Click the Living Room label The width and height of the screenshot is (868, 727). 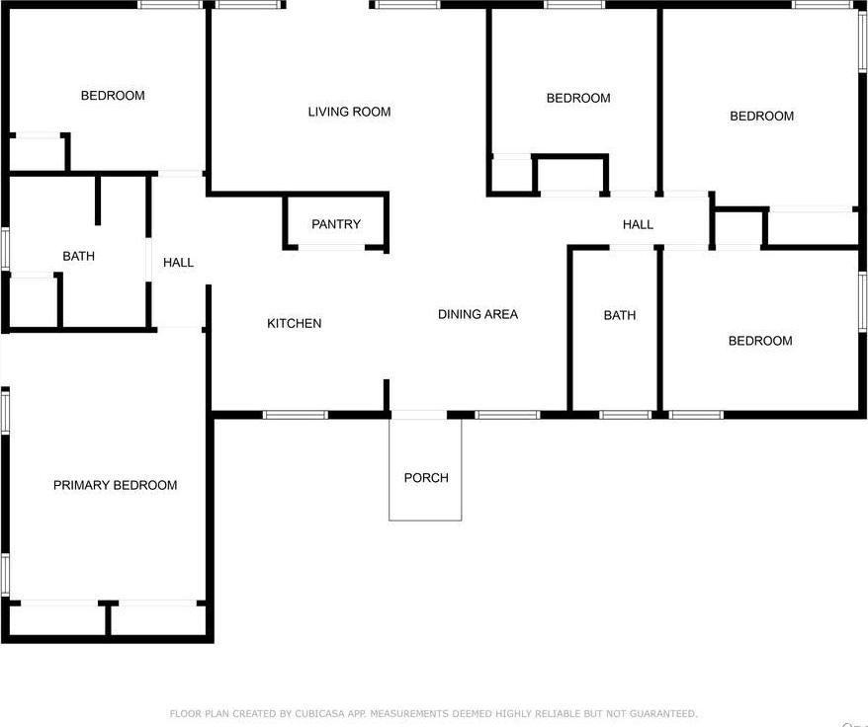tap(349, 112)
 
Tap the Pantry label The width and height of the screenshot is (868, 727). tap(336, 224)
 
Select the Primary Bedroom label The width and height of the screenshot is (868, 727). tap(115, 485)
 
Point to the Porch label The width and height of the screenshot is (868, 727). tap(426, 478)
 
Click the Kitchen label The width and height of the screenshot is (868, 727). tap(294, 323)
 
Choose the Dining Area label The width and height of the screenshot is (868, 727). tap(477, 314)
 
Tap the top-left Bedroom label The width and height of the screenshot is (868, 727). tap(113, 96)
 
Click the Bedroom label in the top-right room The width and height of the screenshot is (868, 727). tap(761, 116)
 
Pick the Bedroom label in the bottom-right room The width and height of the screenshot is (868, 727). tap(760, 341)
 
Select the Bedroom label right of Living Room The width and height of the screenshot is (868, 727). tap(578, 98)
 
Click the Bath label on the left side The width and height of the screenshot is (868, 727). tap(79, 256)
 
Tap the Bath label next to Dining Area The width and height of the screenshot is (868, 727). tap(620, 315)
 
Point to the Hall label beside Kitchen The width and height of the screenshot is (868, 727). tap(179, 262)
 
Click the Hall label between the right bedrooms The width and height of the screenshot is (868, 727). tap(638, 224)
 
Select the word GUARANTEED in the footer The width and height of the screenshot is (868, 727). tap(663, 713)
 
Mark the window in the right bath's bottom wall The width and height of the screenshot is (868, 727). tap(626, 414)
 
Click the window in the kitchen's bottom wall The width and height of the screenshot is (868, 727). tap(295, 414)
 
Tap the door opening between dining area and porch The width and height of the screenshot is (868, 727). tap(419, 414)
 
